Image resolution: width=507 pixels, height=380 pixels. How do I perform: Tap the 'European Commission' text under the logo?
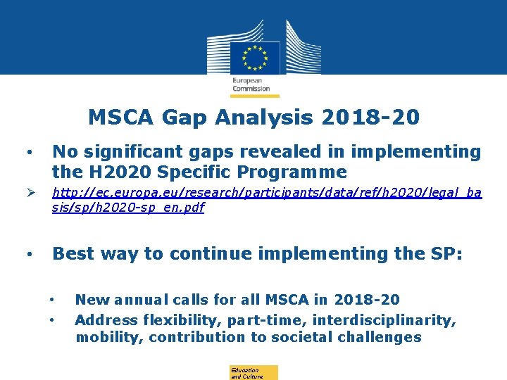(x=251, y=84)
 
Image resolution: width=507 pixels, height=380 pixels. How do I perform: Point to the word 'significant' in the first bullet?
(x=137, y=151)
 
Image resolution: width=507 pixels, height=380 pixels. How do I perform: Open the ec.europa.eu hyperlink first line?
(x=267, y=193)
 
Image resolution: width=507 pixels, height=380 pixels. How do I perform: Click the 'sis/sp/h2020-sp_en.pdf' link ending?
(x=127, y=208)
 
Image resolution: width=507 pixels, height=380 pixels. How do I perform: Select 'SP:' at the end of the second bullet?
(x=444, y=253)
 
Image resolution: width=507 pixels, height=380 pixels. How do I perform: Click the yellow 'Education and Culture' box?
(x=254, y=373)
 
